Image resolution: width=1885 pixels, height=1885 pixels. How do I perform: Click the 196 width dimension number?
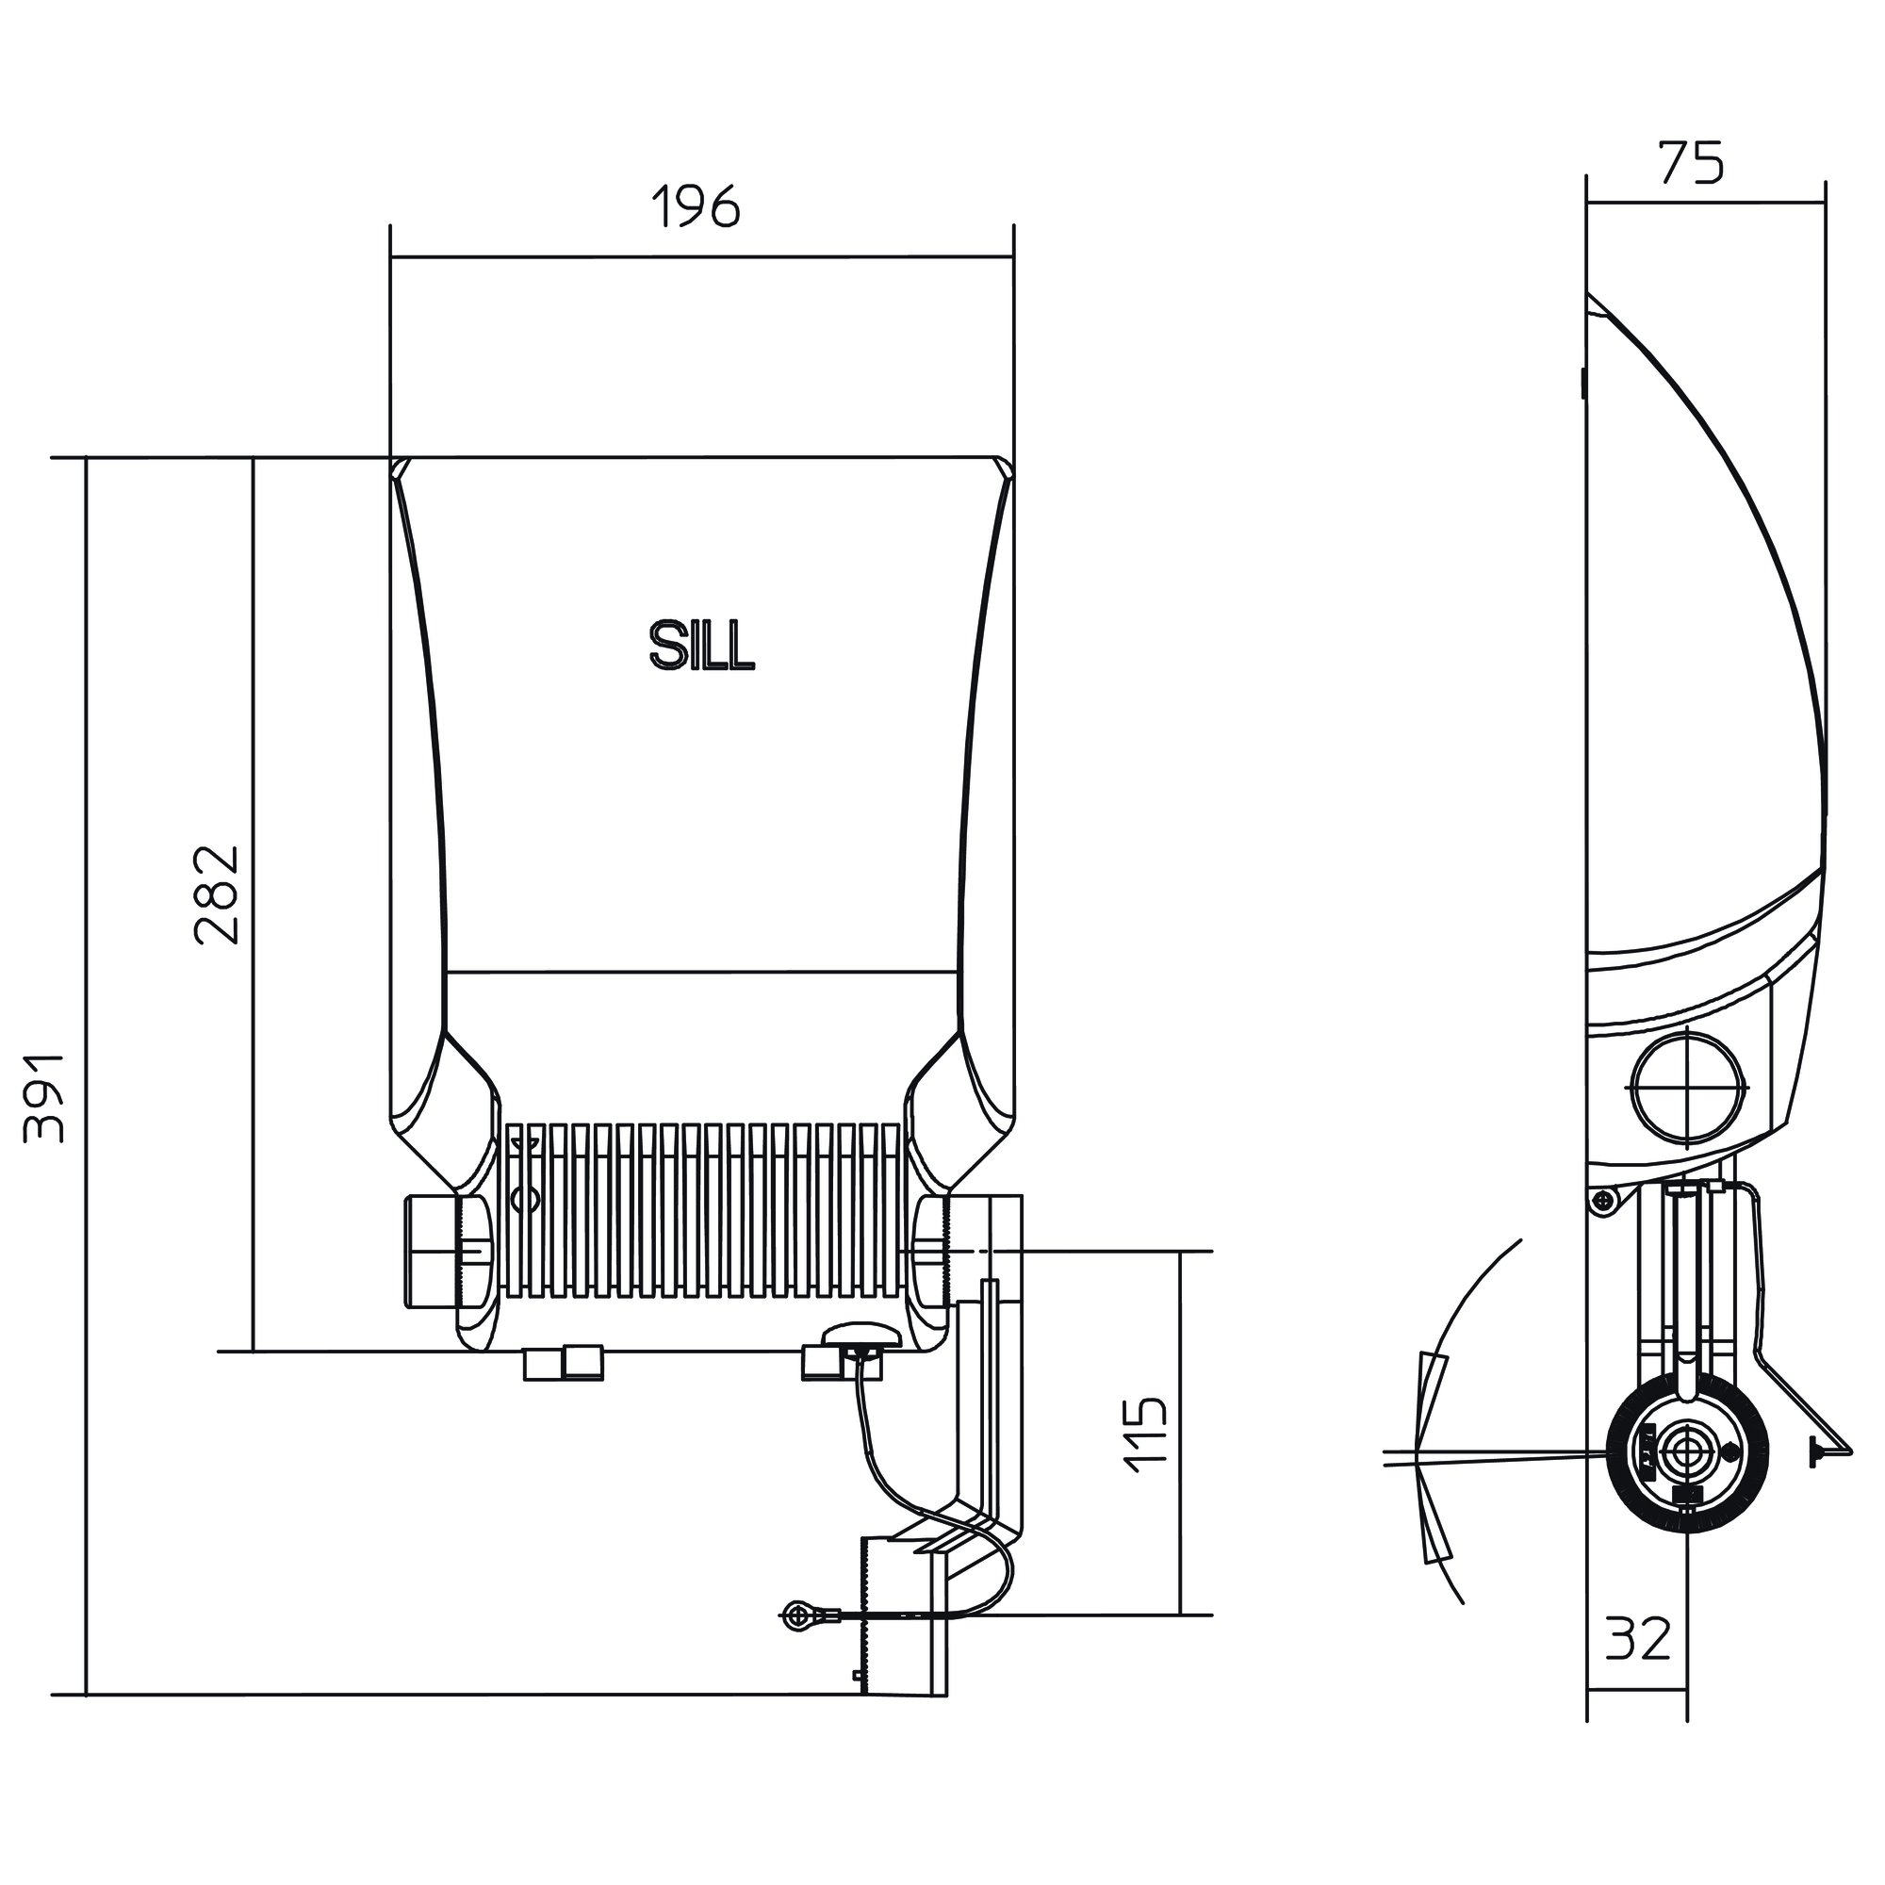point(697,206)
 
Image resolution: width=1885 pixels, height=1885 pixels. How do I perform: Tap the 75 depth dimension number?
point(1692,163)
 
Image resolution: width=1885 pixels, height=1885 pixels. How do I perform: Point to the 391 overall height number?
point(45,1097)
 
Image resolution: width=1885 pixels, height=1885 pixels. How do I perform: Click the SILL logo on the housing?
point(701,647)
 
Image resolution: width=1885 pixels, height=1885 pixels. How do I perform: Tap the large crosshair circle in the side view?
point(1688,1087)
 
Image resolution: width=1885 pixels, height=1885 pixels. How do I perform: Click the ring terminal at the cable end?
point(796,1615)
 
